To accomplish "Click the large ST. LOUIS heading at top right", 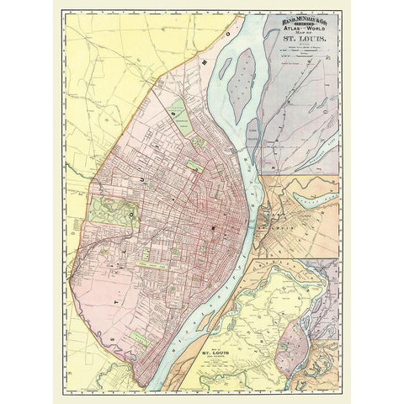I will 301,40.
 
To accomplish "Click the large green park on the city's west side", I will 114,211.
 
